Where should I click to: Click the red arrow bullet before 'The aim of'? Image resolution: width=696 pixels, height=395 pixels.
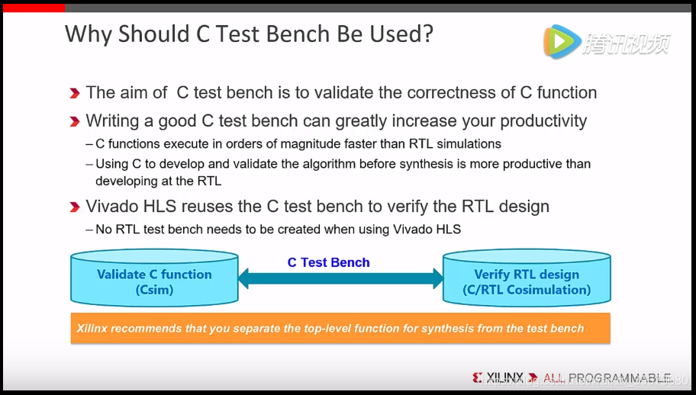[75, 93]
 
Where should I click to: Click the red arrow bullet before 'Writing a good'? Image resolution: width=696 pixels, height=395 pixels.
[75, 121]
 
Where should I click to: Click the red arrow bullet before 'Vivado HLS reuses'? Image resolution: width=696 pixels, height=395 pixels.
[75, 207]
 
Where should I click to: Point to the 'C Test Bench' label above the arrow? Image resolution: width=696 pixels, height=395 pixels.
[328, 262]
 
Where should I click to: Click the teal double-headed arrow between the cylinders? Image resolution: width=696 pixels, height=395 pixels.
[340, 278]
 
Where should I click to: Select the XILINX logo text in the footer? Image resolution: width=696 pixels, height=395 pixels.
[504, 377]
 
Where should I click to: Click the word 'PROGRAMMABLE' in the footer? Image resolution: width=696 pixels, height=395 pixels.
[619, 377]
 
